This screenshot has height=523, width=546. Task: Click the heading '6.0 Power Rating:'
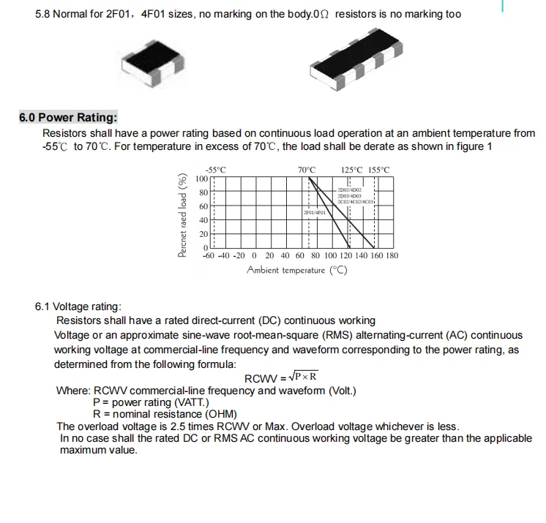pos(68,118)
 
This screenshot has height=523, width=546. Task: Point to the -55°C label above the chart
pos(215,170)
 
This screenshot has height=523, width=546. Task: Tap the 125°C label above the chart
pos(352,170)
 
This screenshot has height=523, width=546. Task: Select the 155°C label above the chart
pos(379,170)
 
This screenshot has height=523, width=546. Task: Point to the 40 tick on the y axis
pos(204,220)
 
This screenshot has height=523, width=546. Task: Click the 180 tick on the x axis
pos(392,256)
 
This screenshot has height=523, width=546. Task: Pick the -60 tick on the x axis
pos(209,256)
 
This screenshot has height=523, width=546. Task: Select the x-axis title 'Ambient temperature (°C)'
pos(297,271)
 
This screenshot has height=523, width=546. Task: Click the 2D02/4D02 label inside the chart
pos(350,189)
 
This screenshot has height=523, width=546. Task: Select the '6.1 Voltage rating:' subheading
pos(78,306)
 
